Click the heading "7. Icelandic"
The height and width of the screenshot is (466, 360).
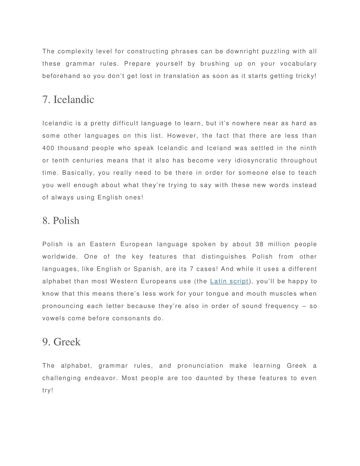(68, 100)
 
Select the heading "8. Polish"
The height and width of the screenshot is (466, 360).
(61, 221)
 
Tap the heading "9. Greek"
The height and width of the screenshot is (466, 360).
(62, 342)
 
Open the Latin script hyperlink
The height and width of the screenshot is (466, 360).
(229, 281)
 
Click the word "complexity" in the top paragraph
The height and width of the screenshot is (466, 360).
(75, 51)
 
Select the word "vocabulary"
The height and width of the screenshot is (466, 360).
(298, 64)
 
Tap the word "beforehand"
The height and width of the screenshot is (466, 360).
(61, 76)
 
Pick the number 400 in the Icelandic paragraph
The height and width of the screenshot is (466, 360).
(48, 148)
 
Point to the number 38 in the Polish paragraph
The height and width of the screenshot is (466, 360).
(259, 244)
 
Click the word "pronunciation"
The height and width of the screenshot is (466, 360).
(200, 366)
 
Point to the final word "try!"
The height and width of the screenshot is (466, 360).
(48, 390)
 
